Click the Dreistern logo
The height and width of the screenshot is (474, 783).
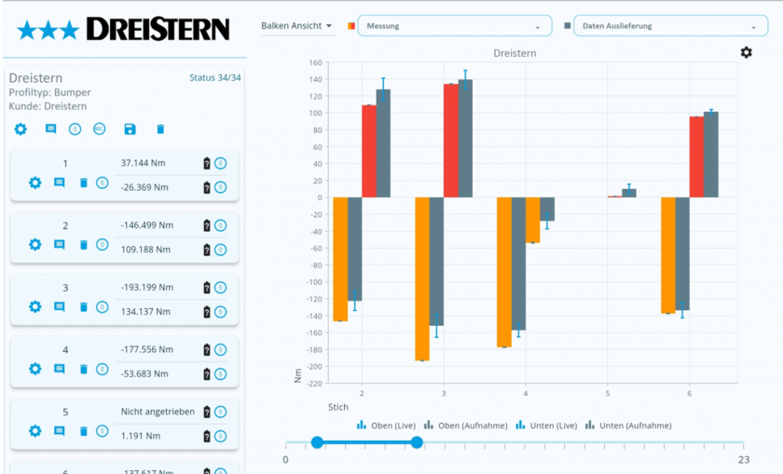tap(123, 31)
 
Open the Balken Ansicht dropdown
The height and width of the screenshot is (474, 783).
tap(297, 26)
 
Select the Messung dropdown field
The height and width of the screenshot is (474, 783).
tap(454, 26)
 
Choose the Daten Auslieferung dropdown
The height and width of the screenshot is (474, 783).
tap(664, 26)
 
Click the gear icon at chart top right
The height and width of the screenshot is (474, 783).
tap(746, 52)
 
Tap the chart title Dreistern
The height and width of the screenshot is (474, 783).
tap(515, 53)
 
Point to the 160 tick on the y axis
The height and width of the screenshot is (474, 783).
tap(314, 63)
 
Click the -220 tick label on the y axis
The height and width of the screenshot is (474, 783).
tap(312, 383)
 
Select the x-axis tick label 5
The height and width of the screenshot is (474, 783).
tap(607, 393)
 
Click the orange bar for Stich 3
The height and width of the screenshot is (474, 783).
tap(422, 278)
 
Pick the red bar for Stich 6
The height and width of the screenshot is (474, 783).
tap(696, 156)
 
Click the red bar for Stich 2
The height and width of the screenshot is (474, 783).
tap(369, 151)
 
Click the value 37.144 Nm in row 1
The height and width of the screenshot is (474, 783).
tap(143, 163)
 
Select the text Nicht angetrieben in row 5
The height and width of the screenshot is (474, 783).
tap(155, 412)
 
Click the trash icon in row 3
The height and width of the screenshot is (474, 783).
tap(83, 306)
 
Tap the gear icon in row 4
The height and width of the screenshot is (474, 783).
tap(35, 369)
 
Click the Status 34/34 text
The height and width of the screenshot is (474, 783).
tap(214, 77)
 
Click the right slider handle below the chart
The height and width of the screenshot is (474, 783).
tap(417, 442)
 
